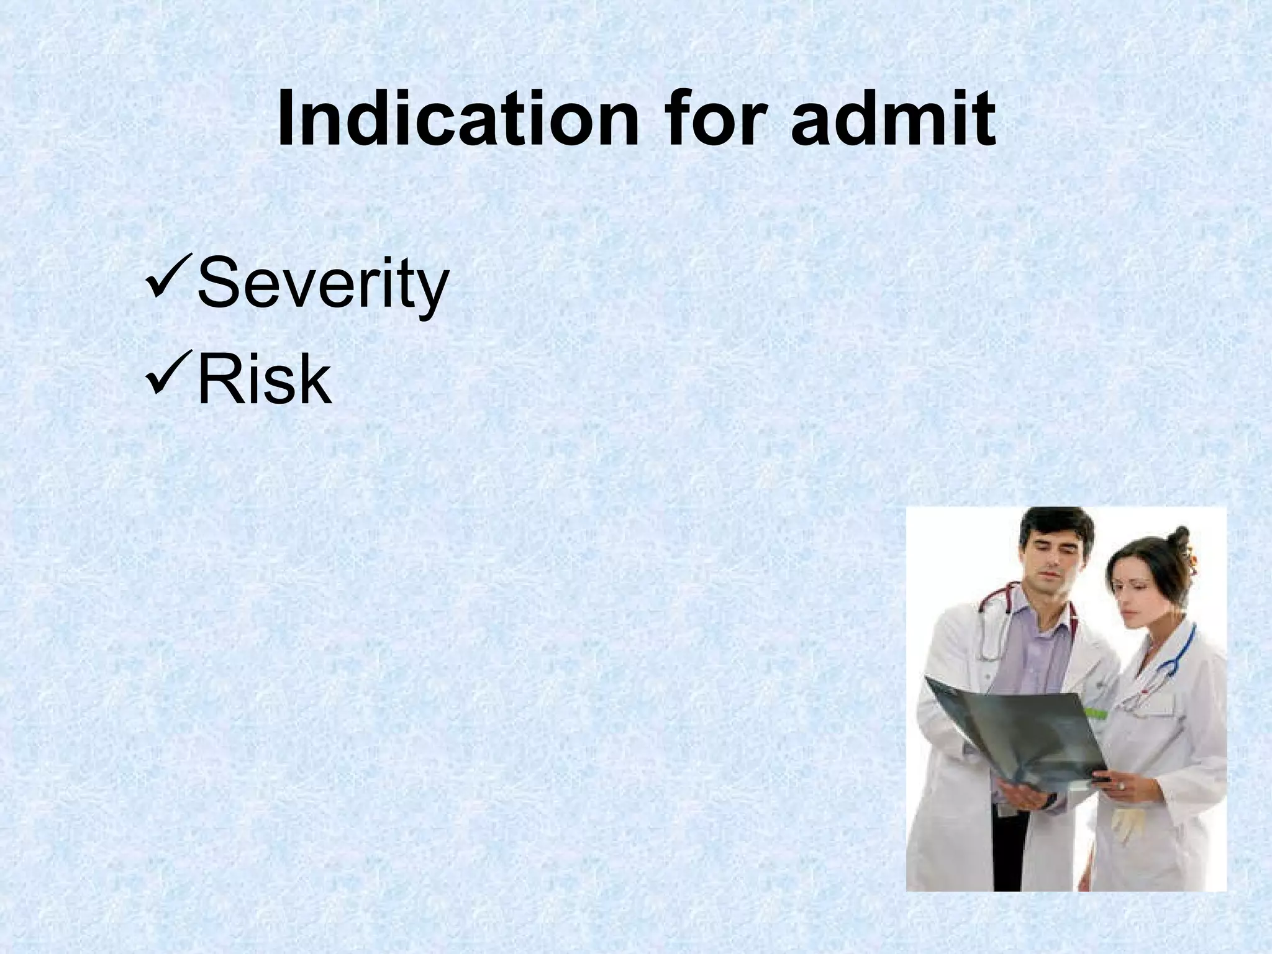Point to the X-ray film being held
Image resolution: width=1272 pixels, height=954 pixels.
[x=1019, y=733]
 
